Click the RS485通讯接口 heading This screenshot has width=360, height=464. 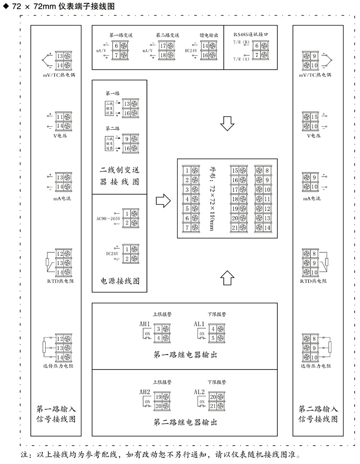(250, 35)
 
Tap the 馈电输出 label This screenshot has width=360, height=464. (209, 35)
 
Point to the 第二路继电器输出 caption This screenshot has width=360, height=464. (185, 422)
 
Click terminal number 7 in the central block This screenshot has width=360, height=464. (187, 228)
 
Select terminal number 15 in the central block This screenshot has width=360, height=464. (235, 171)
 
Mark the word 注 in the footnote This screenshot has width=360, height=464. (25, 454)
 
